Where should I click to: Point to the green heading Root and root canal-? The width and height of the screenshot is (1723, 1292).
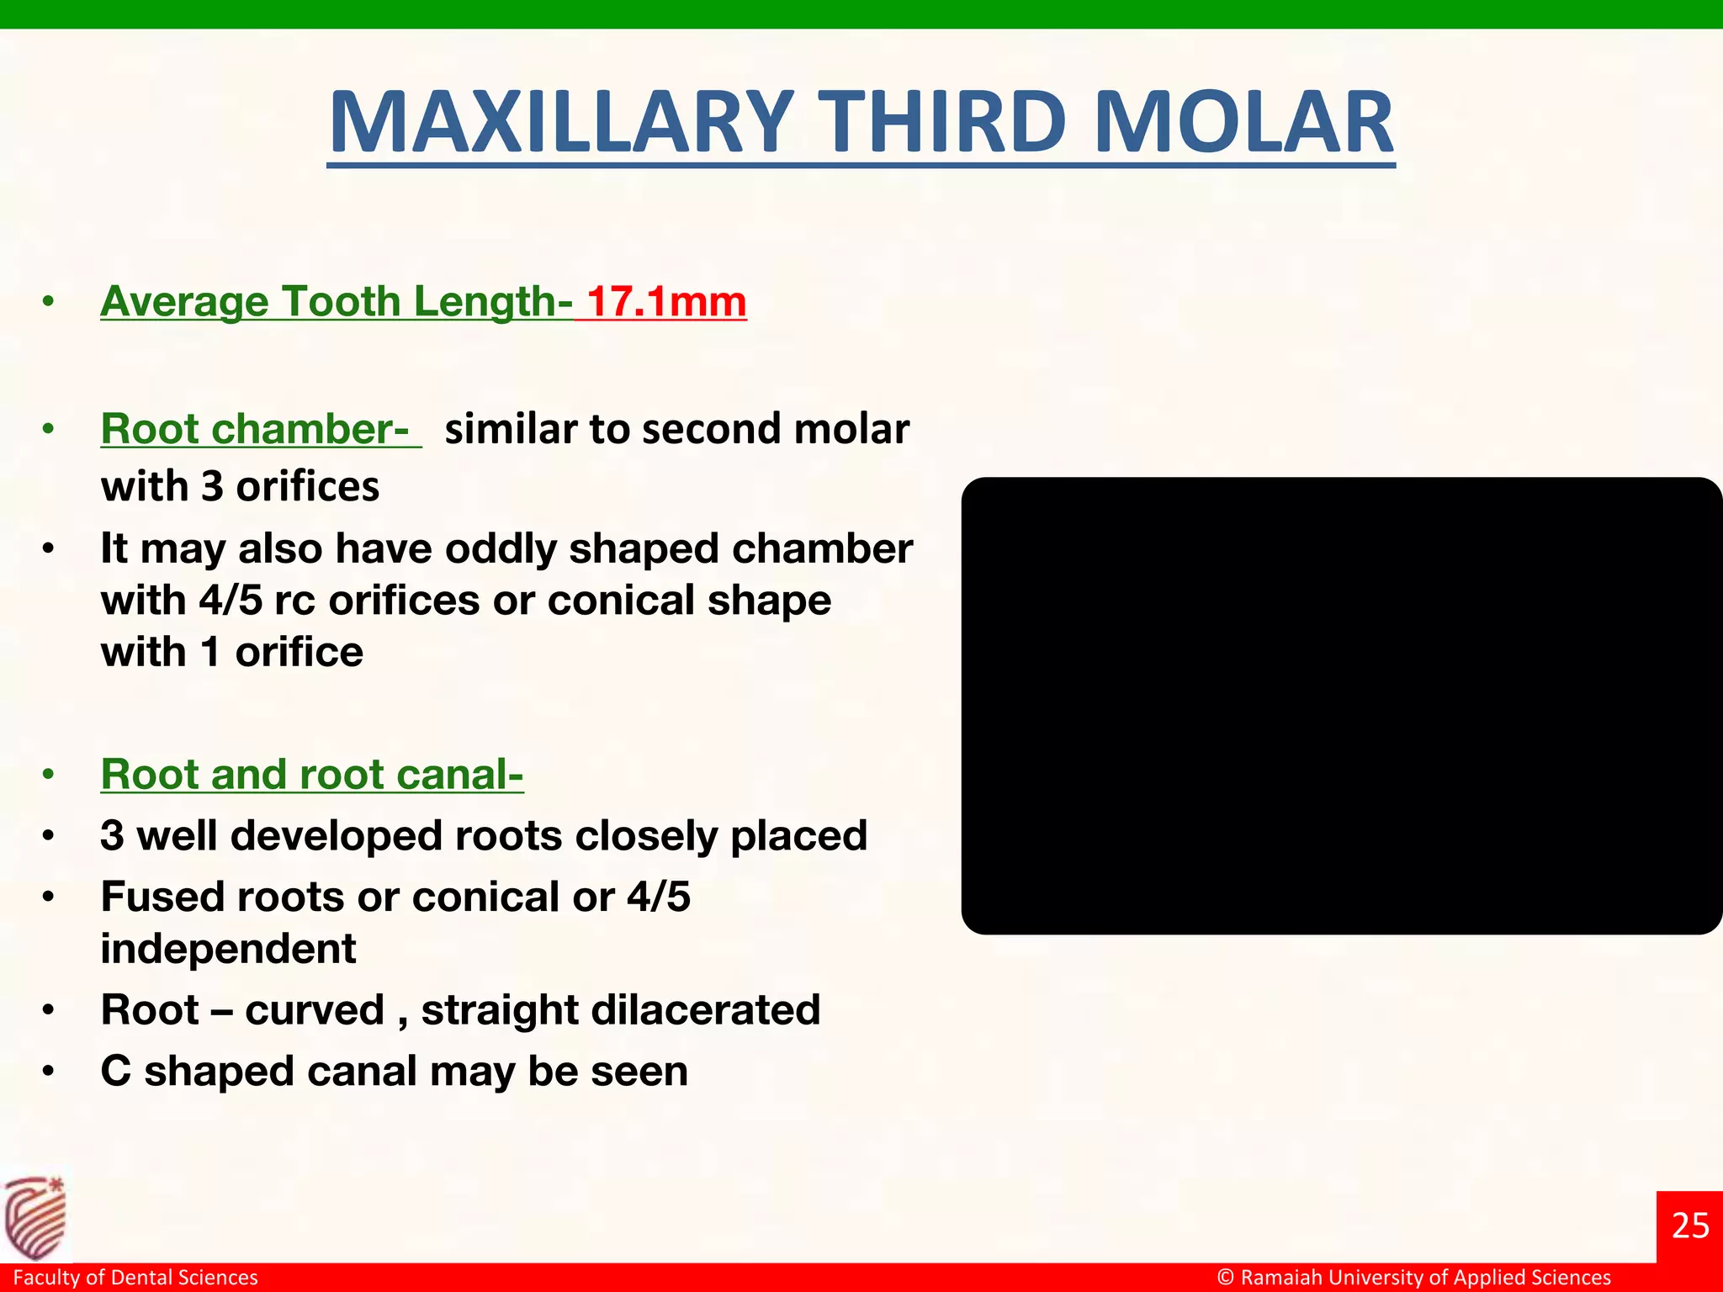(312, 774)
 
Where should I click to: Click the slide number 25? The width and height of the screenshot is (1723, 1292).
(1689, 1226)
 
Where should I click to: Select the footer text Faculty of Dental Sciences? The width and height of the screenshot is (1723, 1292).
(135, 1277)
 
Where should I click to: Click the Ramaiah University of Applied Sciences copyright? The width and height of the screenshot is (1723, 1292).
(1413, 1277)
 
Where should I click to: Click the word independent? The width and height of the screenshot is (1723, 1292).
(228, 949)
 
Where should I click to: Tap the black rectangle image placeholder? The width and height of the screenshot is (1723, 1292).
(1341, 705)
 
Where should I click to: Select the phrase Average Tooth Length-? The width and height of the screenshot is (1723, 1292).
(337, 301)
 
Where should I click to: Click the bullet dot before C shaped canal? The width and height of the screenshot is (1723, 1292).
(49, 1072)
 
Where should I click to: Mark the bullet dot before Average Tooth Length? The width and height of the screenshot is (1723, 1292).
(49, 302)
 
